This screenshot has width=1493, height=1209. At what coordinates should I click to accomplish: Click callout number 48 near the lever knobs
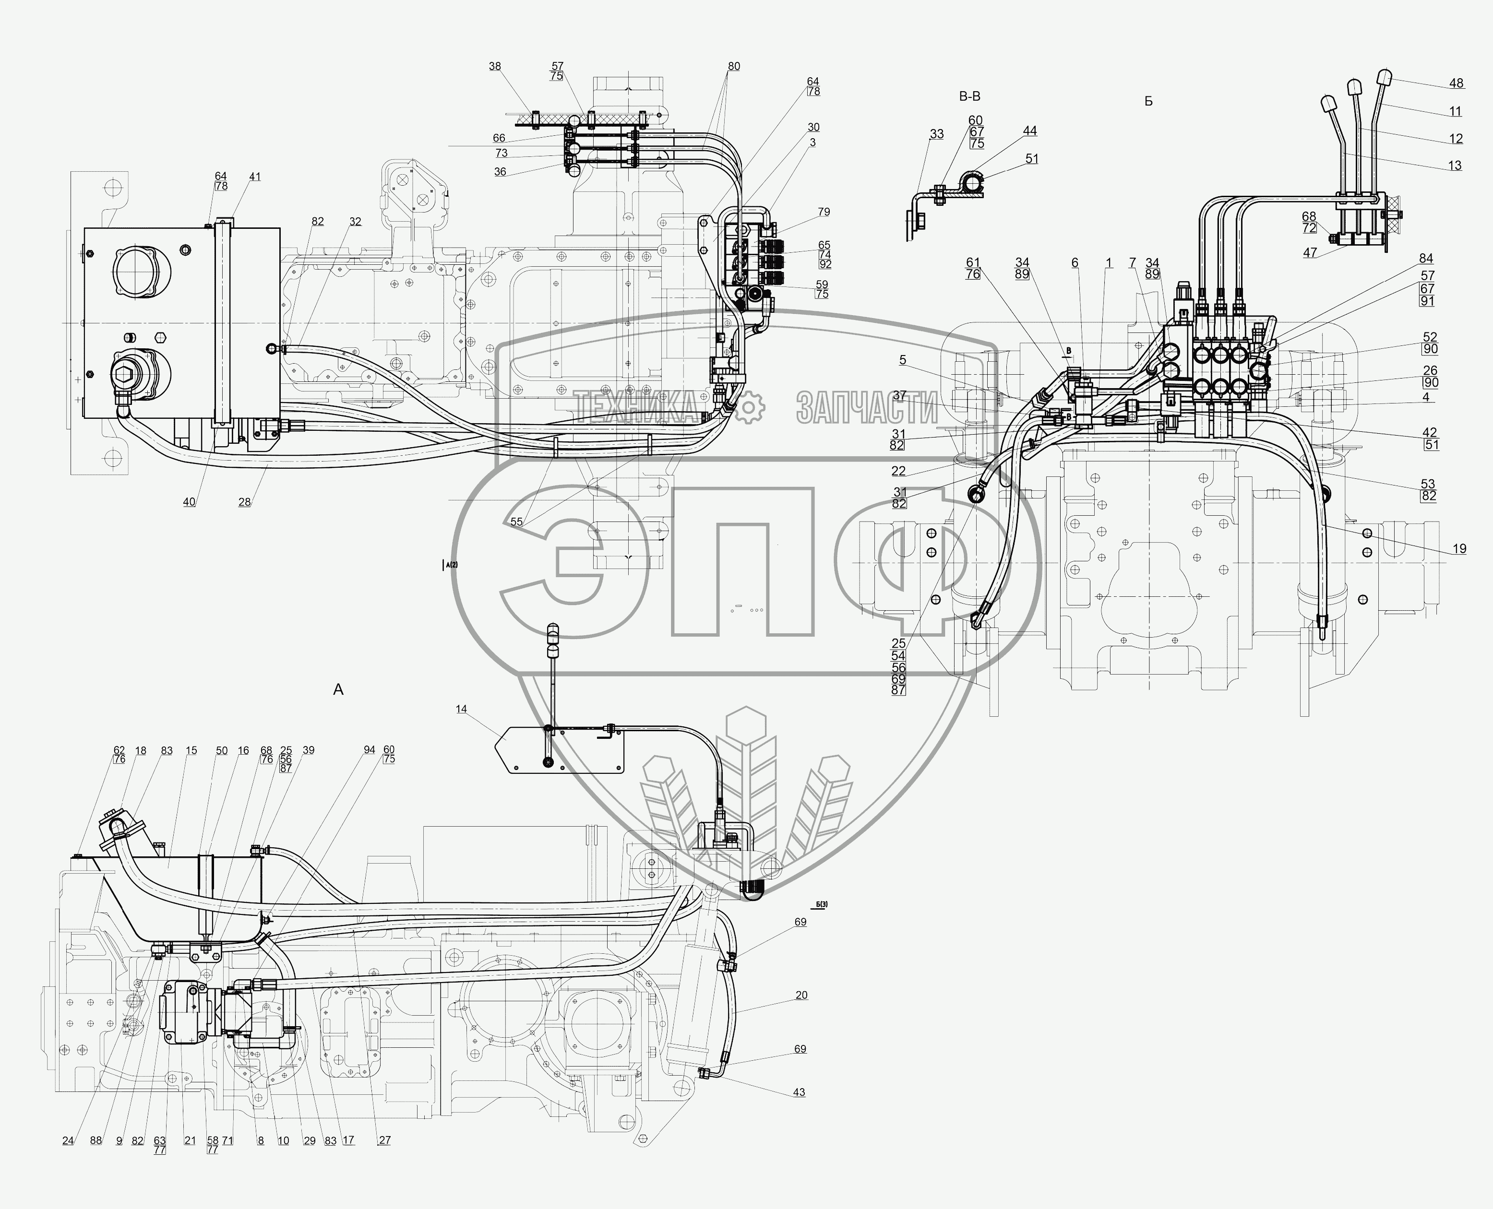(x=1456, y=83)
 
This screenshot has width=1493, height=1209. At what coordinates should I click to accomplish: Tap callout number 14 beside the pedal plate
(x=461, y=709)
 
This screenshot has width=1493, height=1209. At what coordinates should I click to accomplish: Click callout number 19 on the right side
(x=1459, y=549)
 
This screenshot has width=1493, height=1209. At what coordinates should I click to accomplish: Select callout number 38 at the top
(x=495, y=67)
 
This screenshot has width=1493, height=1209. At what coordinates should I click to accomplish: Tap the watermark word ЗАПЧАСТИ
(x=867, y=407)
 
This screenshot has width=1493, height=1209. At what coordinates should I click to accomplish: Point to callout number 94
(x=369, y=750)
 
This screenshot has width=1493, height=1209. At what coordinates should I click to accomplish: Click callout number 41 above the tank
(x=255, y=177)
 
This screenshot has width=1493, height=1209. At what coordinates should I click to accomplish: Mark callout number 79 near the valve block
(x=824, y=212)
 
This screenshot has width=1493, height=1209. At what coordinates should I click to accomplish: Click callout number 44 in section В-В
(x=1030, y=131)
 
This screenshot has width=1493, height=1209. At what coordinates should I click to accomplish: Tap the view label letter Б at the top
(x=1148, y=102)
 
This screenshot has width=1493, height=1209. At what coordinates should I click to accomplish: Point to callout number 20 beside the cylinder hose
(x=801, y=995)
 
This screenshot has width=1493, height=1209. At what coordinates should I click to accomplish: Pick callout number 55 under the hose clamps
(x=516, y=522)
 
